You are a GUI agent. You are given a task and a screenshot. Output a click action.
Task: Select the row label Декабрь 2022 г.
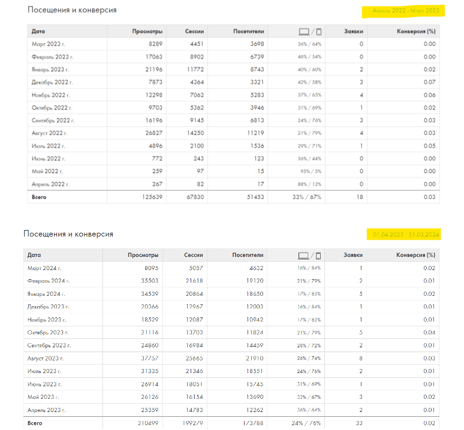point(52,82)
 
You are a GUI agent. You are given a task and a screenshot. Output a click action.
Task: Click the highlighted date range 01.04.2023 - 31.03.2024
point(406,234)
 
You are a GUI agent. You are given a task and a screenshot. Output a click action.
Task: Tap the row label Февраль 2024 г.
point(48,281)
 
